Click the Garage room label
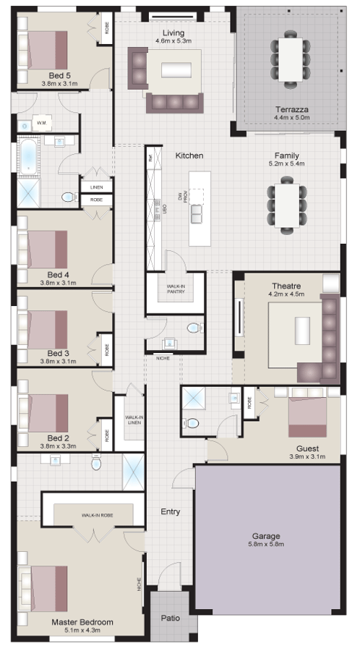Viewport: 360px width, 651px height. [x=267, y=536]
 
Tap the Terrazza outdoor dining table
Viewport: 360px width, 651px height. [x=291, y=59]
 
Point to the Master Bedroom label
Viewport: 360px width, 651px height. [x=82, y=622]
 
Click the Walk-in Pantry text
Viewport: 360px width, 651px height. [x=175, y=289]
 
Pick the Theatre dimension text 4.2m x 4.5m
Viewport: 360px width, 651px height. [x=287, y=294]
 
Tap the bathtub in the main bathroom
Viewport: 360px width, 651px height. [x=28, y=158]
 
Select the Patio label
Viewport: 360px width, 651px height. [x=170, y=619]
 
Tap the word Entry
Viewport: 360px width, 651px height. [x=171, y=512]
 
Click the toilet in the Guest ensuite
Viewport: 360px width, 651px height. [x=192, y=423]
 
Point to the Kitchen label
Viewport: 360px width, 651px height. [x=189, y=156]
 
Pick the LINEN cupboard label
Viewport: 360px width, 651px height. [x=96, y=187]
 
